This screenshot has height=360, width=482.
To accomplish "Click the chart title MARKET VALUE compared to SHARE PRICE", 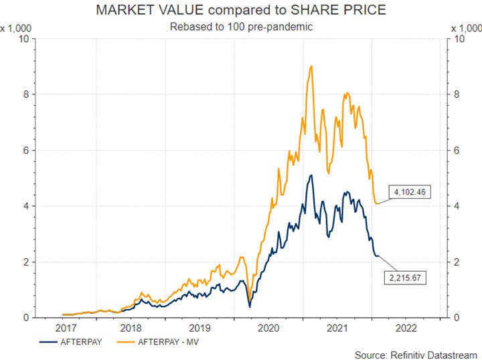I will coord(241,11).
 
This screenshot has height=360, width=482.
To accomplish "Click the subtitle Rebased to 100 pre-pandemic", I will coord(240,27).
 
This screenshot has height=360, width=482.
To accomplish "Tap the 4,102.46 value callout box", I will coord(409,192).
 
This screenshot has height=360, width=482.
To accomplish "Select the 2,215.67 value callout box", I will coord(404,276).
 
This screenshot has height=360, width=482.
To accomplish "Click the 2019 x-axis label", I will coord(201,328).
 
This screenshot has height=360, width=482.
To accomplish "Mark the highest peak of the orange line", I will coord(312,66).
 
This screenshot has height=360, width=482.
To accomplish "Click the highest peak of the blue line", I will coord(311,175).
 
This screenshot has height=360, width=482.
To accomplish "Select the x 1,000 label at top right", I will coord(467,28).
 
